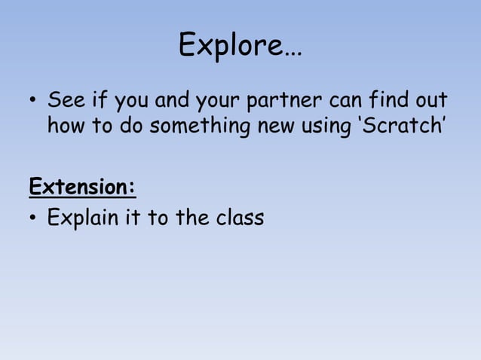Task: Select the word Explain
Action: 83,219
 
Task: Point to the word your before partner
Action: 216,102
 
